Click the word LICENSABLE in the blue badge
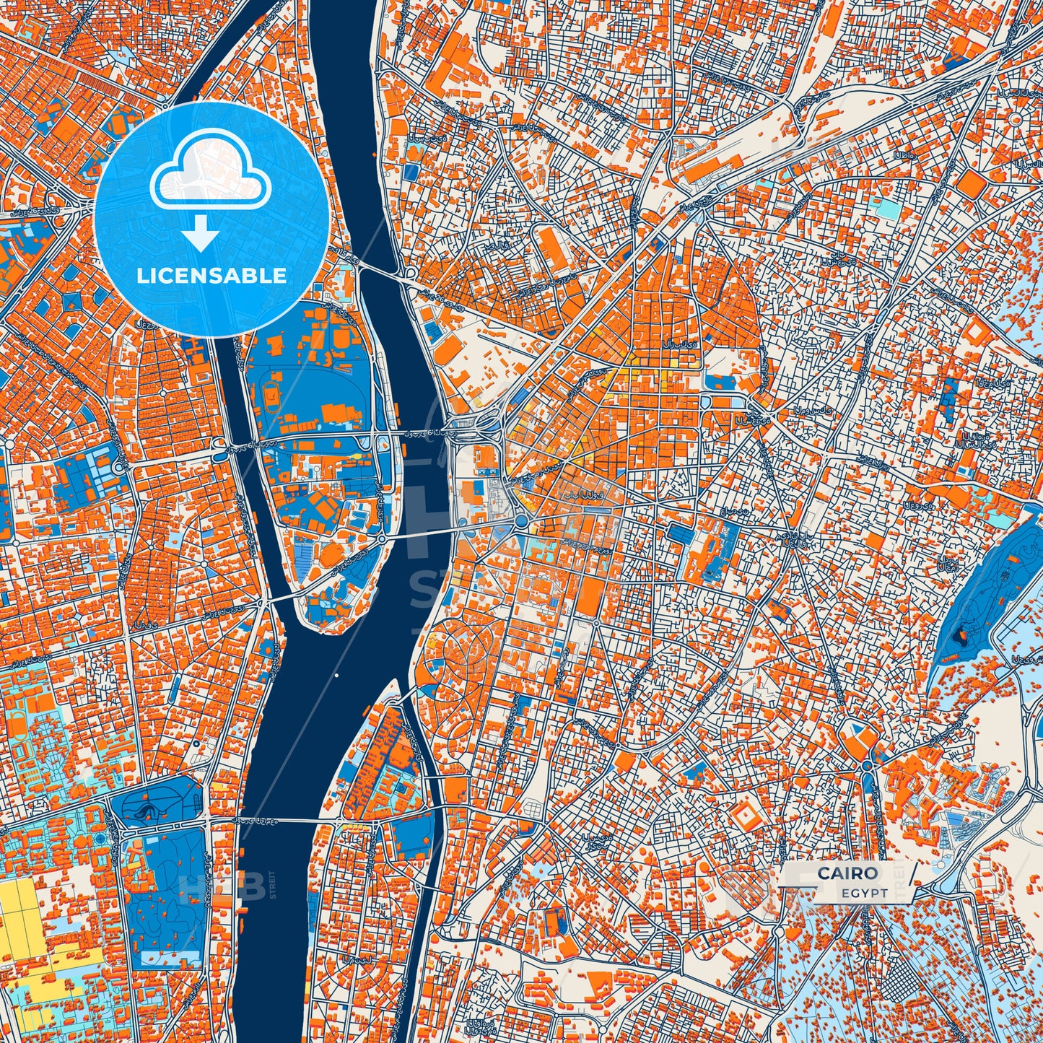(x=212, y=276)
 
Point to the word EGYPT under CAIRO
(x=864, y=893)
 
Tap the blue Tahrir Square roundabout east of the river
(x=520, y=521)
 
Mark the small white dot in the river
(x=336, y=676)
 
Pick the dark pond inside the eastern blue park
(x=960, y=635)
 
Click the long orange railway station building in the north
(x=711, y=167)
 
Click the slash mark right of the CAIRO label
(x=913, y=873)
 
